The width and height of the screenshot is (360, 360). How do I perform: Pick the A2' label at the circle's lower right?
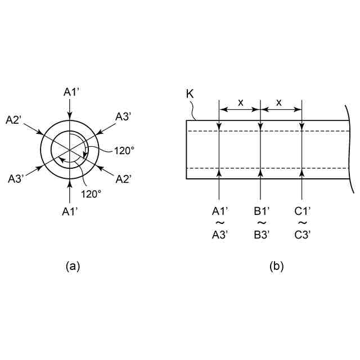[x=124, y=178]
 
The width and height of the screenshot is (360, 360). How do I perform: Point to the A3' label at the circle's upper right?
[x=124, y=116]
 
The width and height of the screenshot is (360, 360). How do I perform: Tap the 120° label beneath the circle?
[x=91, y=193]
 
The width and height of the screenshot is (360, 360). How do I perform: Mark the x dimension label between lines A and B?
[x=240, y=102]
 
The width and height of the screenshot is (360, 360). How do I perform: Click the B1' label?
[x=262, y=211]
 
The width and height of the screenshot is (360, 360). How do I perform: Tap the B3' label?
[x=262, y=235]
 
